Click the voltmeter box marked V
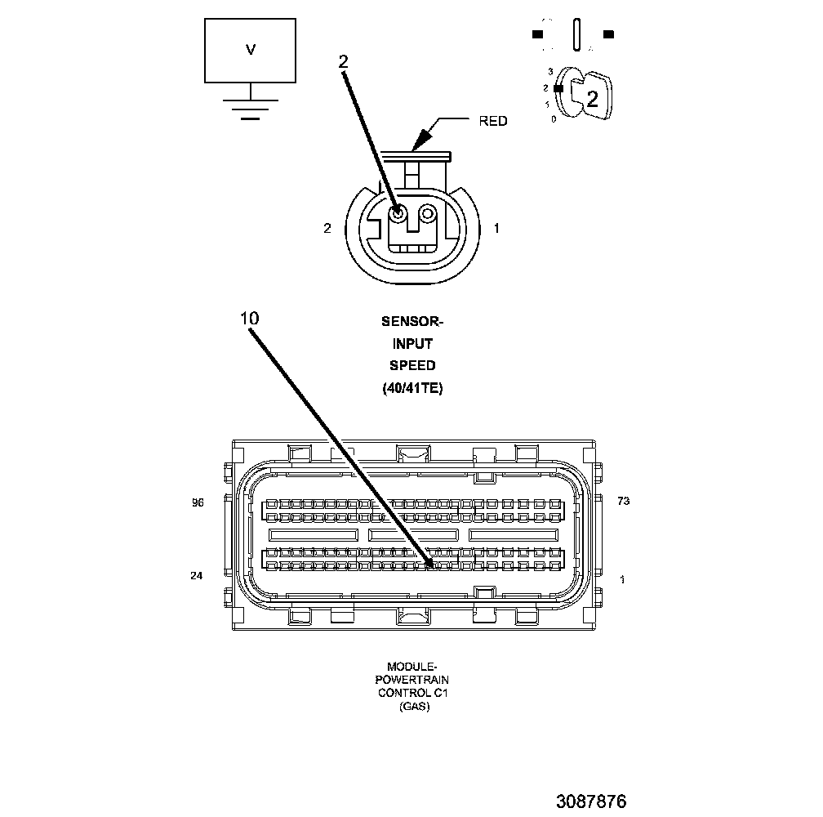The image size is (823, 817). [251, 50]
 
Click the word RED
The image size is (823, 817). [492, 121]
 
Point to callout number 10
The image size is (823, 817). [250, 318]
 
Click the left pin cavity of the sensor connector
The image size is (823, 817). [398, 213]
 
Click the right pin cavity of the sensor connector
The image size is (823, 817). [427, 213]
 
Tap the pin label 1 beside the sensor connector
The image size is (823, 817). [496, 229]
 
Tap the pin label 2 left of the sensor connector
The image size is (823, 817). [327, 229]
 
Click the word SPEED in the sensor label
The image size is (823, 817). [412, 365]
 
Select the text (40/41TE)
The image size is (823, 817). [412, 388]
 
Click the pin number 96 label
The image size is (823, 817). [197, 503]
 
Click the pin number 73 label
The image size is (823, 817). [623, 502]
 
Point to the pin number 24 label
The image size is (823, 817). [196, 576]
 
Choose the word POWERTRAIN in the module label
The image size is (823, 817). [412, 680]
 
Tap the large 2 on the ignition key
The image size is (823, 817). [593, 100]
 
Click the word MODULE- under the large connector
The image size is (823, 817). [412, 667]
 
